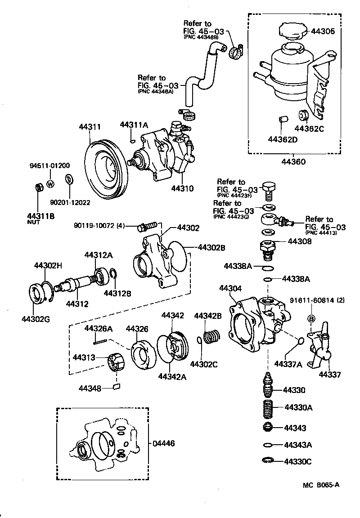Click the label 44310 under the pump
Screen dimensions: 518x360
tap(182, 188)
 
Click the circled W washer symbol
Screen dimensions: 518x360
tap(50, 183)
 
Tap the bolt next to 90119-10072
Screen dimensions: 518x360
tap(147, 224)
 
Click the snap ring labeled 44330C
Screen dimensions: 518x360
tap(268, 460)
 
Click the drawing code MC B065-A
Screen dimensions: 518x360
tap(320, 485)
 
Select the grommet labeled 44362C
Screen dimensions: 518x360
tap(303, 115)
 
